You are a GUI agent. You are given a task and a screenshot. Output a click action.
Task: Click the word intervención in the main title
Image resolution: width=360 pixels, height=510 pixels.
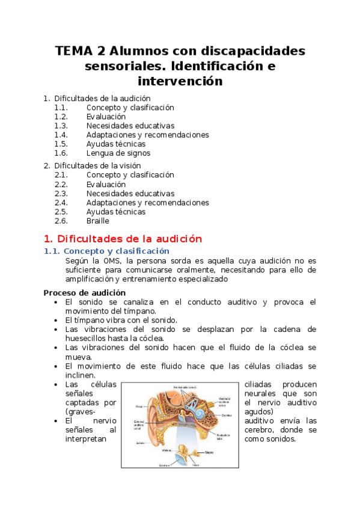click(180, 81)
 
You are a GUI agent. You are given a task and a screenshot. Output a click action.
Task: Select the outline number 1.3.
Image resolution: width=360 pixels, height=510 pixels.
click(61, 126)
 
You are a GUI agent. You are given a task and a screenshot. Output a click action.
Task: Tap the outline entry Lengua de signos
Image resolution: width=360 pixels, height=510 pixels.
click(118, 153)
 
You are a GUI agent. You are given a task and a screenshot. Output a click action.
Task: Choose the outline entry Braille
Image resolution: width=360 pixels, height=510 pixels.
click(98, 221)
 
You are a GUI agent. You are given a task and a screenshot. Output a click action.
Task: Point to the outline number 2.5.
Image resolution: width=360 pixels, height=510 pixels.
click(61, 212)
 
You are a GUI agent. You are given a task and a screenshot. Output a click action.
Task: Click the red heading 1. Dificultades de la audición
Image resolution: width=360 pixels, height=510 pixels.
click(123, 238)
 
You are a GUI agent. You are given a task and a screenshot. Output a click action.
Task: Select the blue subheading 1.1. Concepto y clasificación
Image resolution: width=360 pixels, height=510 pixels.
click(107, 251)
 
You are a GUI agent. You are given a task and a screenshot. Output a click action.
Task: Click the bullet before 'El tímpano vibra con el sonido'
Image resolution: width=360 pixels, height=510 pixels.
click(55, 321)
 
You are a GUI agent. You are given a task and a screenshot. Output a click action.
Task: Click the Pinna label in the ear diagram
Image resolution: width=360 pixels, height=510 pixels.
click(139, 406)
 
